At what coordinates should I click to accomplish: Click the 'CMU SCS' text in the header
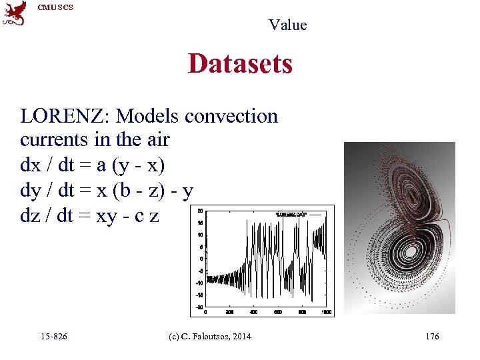click(55, 7)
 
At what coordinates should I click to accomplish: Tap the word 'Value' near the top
click(287, 25)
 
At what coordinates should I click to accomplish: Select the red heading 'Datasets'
click(240, 64)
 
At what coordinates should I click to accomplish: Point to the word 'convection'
click(231, 116)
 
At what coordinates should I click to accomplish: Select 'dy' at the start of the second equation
click(30, 191)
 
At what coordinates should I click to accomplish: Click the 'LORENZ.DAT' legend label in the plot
click(291, 214)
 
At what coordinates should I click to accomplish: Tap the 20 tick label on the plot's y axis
click(200, 211)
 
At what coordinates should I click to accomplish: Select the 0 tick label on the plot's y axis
click(201, 259)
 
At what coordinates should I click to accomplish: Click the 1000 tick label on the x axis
click(326, 312)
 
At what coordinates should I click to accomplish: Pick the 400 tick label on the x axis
click(253, 312)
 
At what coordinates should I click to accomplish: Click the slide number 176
click(432, 337)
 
